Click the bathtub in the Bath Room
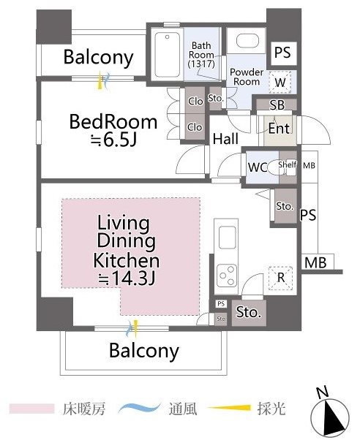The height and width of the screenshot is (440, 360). [168, 55]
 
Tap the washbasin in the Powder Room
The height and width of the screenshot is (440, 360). [247, 41]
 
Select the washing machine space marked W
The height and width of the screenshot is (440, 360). [280, 82]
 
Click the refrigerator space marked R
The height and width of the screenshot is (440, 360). [280, 278]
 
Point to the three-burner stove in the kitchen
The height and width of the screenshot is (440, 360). [226, 276]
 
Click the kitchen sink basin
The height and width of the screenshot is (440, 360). [227, 238]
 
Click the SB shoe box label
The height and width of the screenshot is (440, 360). [277, 105]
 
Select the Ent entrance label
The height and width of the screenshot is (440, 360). [279, 129]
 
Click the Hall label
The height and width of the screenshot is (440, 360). [225, 139]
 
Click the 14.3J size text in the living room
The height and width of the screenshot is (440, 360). [127, 278]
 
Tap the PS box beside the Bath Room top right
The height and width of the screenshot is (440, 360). [282, 53]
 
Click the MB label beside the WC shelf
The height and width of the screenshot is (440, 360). [309, 166]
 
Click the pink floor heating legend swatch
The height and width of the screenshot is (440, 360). [31, 409]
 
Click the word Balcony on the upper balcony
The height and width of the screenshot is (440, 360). [98, 58]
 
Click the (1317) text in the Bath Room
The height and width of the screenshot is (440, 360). [201, 64]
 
